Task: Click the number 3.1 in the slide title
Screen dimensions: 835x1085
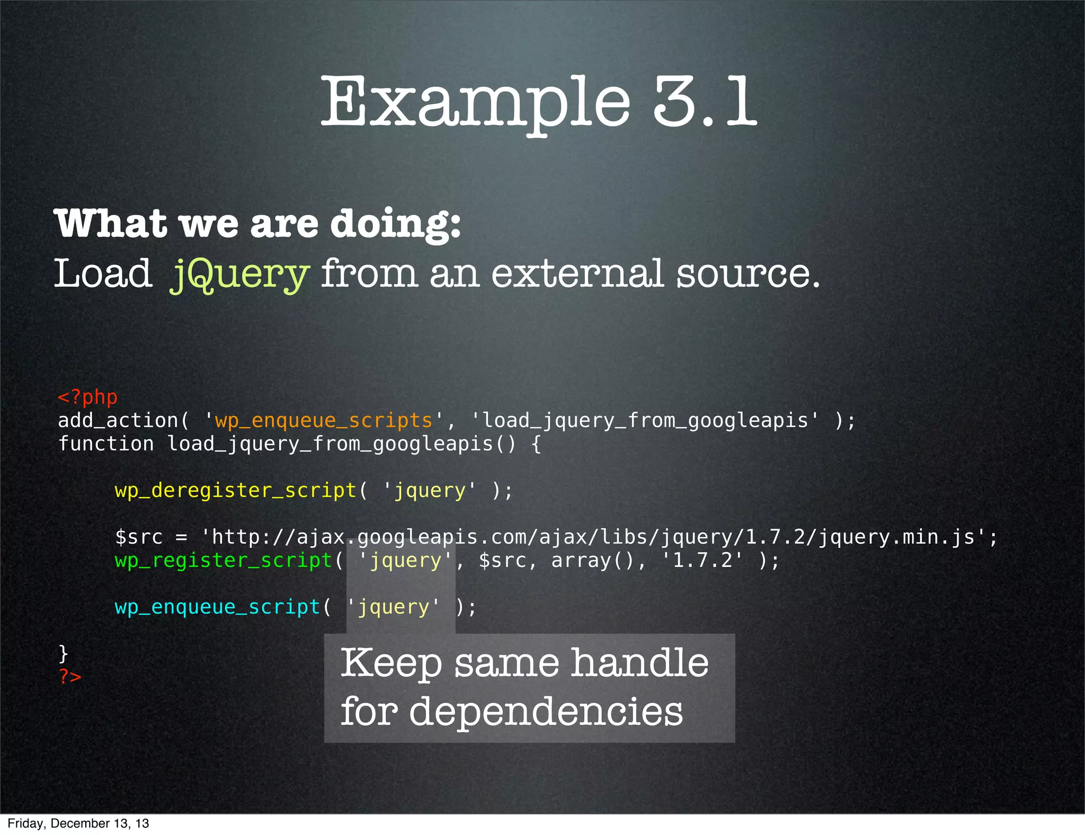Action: pos(705,102)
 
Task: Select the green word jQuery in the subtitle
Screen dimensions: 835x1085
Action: pos(239,274)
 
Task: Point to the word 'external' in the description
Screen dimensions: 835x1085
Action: pos(577,274)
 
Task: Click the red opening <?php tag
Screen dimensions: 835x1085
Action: pos(87,397)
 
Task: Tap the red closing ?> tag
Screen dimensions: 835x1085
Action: pos(70,677)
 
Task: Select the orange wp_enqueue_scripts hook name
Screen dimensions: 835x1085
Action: pos(323,421)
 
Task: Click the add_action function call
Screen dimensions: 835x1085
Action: pos(118,421)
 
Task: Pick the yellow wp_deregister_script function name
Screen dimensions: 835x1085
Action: pos(235,491)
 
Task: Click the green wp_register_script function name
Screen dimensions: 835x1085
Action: pos(223,561)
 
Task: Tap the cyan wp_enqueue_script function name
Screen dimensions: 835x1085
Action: pos(217,607)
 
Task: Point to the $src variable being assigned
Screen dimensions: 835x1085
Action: pos(139,537)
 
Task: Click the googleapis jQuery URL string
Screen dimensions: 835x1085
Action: pos(593,537)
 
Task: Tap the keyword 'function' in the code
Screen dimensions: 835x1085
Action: pos(106,444)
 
